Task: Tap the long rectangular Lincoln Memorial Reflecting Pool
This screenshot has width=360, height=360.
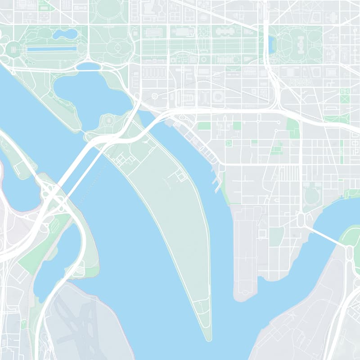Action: click(52, 49)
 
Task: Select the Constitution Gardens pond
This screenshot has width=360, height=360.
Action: click(66, 34)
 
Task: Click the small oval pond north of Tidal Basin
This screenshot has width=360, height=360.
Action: click(89, 66)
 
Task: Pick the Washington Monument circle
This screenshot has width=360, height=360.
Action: click(117, 47)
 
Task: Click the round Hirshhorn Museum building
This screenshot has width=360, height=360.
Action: click(218, 96)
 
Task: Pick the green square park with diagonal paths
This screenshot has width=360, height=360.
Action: click(345, 95)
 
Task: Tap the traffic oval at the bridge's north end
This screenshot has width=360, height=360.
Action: click(301, 220)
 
